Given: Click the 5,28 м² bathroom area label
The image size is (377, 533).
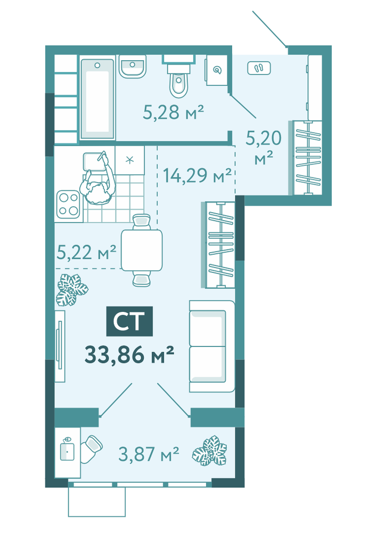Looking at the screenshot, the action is point(173,112).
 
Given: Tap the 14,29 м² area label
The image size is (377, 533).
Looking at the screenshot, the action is point(197,175).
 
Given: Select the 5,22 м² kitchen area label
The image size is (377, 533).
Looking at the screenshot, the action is point(86,252).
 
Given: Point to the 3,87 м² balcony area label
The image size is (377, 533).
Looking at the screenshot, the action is point(149,454).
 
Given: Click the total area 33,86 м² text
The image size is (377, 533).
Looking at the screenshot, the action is point(129,354).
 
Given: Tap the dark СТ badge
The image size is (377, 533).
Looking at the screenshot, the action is point(129,321).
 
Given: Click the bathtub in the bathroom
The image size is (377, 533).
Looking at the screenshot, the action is point(97,99).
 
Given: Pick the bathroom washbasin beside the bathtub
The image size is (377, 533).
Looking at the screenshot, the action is point(133,67).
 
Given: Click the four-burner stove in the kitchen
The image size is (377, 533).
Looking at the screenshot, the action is point(68,205).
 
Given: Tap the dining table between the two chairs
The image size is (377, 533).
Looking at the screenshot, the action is point(142,250).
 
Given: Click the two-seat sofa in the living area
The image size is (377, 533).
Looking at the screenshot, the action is point(212,346).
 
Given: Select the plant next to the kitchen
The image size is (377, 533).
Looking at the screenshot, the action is point(72,289).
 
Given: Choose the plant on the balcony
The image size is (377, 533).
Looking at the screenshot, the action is point(210,450).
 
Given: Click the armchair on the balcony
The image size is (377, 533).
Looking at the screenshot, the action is point(91,449).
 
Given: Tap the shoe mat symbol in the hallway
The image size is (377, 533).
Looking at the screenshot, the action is point(259,68).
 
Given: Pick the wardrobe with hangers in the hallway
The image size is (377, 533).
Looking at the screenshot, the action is point(307,158).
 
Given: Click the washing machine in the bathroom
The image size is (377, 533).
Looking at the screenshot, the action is point(216,70).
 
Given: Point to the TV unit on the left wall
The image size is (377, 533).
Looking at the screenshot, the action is point(60,346).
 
